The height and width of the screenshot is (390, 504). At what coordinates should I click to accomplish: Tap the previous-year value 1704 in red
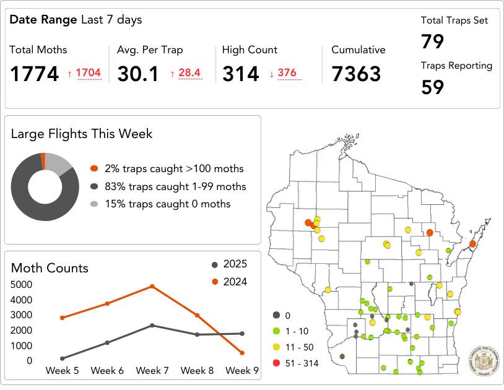click(88, 74)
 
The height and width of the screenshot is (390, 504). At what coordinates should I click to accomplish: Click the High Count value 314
click(240, 74)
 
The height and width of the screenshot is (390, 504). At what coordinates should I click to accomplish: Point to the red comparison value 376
click(287, 74)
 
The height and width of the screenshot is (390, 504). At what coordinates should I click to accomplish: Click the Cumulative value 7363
click(356, 74)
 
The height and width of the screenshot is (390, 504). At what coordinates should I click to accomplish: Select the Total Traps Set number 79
click(433, 42)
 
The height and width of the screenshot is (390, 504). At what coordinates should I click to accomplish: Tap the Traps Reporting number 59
click(433, 87)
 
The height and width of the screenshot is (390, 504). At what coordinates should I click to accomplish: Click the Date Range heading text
click(76, 20)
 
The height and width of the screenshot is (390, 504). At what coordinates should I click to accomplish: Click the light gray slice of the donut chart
click(59, 162)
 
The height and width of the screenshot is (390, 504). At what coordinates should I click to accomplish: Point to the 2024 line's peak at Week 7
click(152, 287)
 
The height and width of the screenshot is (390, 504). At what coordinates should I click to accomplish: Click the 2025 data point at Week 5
click(63, 358)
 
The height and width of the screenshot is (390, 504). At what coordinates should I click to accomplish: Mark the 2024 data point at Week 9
click(241, 353)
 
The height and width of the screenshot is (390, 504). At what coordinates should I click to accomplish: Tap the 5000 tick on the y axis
click(22, 285)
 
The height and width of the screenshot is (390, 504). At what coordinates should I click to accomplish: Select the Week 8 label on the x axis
click(197, 371)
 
